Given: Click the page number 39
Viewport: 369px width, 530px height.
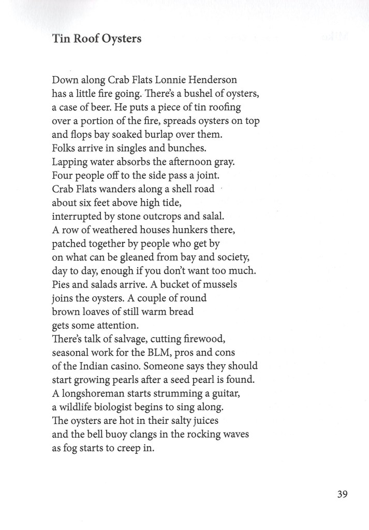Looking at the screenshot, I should [342, 494].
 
